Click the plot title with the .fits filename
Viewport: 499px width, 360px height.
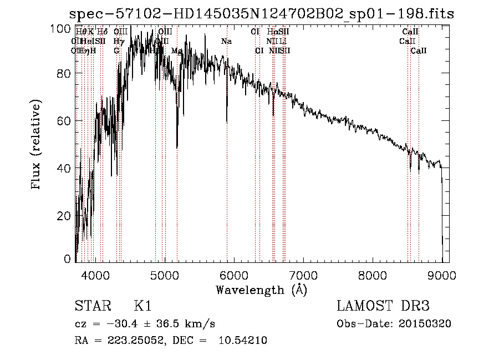(261, 14)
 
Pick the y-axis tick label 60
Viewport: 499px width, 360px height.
(65, 121)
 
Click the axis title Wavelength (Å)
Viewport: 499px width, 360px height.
(261, 290)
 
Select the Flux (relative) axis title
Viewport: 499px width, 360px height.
(37, 145)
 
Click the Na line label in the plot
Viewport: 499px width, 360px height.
(226, 42)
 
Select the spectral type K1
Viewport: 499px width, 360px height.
(142, 306)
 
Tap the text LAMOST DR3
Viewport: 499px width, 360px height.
(383, 306)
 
